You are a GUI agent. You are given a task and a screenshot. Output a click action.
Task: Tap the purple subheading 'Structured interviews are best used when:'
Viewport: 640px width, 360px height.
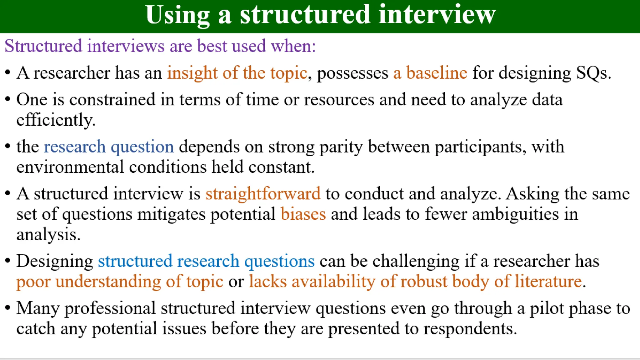click(160, 46)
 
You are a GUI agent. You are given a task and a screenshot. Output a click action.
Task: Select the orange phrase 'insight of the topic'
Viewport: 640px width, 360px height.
click(237, 73)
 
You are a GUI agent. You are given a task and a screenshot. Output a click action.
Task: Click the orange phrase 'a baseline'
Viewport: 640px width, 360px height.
click(430, 73)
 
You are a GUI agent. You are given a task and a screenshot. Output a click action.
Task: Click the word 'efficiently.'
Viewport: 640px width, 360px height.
click(56, 120)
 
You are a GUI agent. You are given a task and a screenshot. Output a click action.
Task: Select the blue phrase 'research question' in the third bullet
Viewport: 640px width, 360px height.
click(109, 147)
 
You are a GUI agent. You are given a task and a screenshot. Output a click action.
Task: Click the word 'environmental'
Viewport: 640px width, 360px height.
click(70, 167)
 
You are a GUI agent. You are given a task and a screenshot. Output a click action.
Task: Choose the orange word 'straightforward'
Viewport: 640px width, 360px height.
click(263, 194)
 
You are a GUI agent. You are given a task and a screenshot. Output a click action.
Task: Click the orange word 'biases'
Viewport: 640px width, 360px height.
click(303, 214)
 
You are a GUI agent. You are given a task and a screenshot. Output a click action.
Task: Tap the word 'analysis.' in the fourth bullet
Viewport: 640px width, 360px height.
click(48, 234)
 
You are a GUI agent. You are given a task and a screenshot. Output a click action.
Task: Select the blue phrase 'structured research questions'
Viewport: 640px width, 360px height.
click(206, 261)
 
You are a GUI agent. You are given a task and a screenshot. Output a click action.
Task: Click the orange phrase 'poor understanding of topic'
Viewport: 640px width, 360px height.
click(120, 282)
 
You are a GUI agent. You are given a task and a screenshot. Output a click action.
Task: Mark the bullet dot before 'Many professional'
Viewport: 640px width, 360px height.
click(8, 308)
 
